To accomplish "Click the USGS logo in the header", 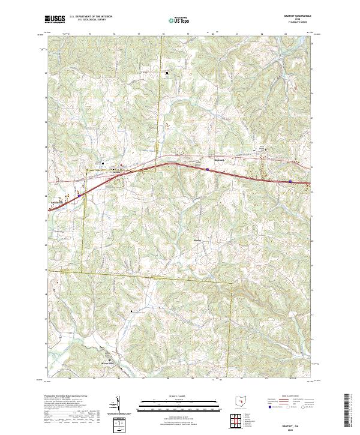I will click(55, 19).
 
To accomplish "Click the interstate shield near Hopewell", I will click(207, 170).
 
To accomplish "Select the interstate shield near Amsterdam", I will click(79, 195).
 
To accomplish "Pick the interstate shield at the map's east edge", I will click(290, 181).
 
